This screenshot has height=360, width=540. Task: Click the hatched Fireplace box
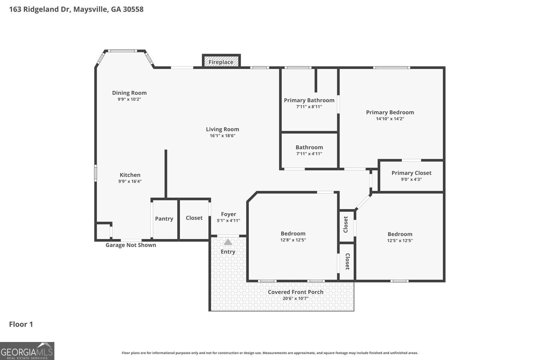click(221, 60)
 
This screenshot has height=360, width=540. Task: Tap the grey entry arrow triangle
click(228, 242)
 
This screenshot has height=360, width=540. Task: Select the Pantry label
click(164, 219)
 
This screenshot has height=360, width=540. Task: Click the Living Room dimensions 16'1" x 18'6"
click(222, 135)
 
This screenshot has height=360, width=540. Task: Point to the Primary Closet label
click(411, 173)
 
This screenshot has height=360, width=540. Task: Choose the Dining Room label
click(129, 93)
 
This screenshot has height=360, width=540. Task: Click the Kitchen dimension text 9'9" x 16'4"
click(130, 181)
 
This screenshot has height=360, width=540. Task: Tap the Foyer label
click(228, 214)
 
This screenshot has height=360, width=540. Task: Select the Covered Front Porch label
click(296, 292)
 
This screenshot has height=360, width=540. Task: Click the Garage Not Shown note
click(131, 245)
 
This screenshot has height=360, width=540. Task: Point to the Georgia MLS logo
click(27, 351)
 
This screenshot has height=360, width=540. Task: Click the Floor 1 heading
click(21, 324)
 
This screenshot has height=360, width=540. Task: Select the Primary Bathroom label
click(309, 100)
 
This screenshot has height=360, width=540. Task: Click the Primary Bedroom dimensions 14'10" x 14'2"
click(390, 119)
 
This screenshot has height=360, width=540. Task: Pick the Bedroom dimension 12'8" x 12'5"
click(293, 240)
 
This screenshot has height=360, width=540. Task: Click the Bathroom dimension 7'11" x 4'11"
click(309, 154)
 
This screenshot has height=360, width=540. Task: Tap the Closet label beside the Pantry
click(194, 218)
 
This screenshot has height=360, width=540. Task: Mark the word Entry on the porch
click(228, 252)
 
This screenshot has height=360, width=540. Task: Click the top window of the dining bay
click(122, 51)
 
